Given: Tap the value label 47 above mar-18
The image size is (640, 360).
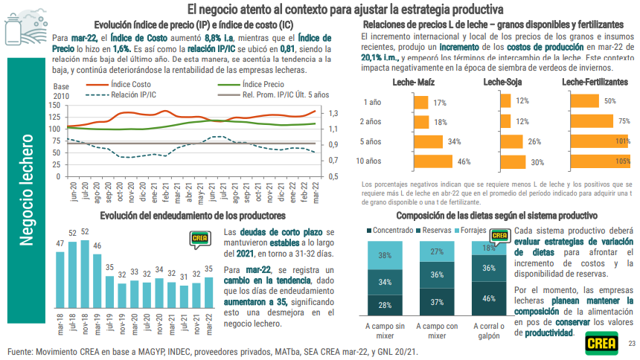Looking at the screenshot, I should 60,244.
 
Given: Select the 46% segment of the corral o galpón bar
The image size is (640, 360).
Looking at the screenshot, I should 489,299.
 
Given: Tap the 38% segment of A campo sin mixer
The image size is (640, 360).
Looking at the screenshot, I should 385,256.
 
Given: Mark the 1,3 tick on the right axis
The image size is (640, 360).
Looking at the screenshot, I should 333,113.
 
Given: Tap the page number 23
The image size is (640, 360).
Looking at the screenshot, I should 631,343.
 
